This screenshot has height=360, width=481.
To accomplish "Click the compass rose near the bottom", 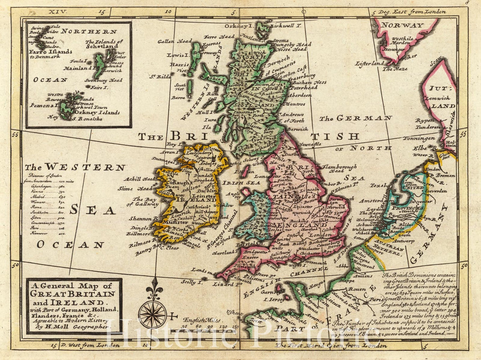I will click(152, 314).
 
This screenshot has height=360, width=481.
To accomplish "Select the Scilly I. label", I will click(192, 282).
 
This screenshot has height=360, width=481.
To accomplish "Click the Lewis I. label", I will click(178, 55).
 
